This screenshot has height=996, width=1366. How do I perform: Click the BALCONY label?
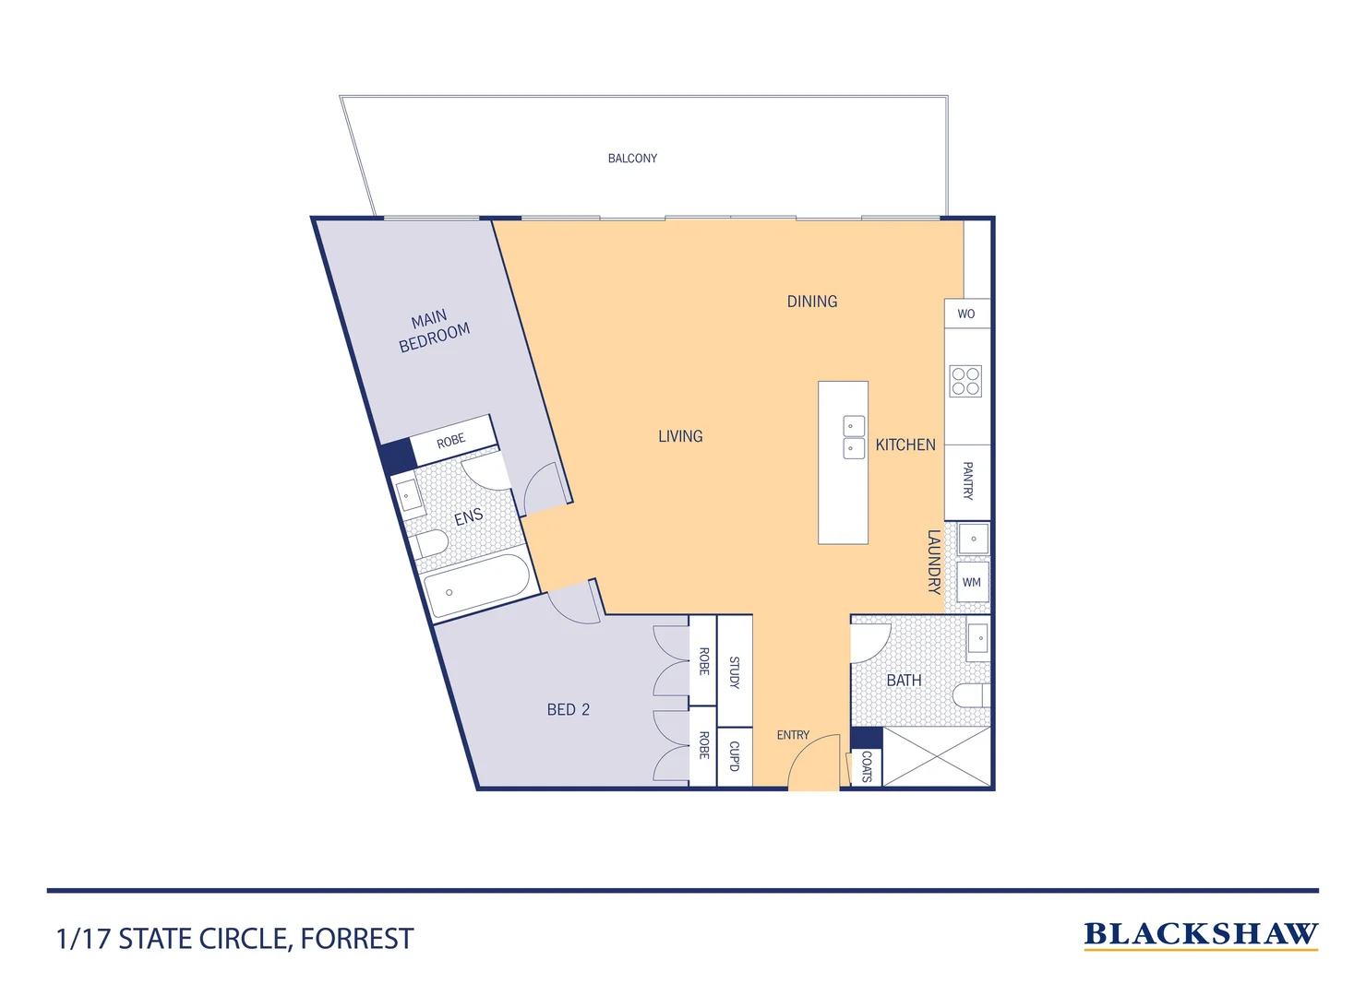tap(632, 159)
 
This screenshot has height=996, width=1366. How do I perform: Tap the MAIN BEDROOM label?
tap(433, 331)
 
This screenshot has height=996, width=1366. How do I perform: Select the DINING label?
tap(812, 302)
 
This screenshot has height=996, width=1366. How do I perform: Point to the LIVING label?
tap(680, 436)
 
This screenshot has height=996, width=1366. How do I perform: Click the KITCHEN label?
tap(905, 445)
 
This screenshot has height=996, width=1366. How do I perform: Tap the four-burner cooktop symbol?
tap(965, 381)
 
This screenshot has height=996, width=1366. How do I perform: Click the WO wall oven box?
tap(966, 314)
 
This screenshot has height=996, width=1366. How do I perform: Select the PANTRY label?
tap(967, 480)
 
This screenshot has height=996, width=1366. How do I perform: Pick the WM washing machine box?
tap(972, 582)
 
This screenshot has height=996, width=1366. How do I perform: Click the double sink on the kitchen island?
tap(854, 437)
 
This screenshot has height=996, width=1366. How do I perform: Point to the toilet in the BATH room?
tap(972, 694)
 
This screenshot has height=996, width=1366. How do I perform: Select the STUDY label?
tap(735, 671)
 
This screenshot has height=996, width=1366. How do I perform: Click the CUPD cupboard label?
tap(735, 756)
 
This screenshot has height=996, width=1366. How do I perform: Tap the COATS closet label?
tap(866, 765)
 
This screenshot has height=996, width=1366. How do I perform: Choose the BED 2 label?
tap(568, 709)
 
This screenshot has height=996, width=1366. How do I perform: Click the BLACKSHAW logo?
tap(1200, 934)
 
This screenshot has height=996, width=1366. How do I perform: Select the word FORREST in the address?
tap(357, 939)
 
